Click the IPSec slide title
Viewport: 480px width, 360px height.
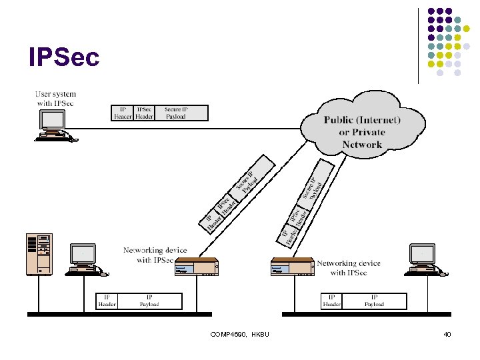tap(64, 57)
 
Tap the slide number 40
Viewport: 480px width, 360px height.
tap(447, 334)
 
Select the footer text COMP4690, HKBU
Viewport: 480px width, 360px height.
tap(239, 334)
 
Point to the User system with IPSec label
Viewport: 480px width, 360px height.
tap(55, 99)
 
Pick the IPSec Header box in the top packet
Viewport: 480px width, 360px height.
tap(144, 113)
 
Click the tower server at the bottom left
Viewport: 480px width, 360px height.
tap(39, 255)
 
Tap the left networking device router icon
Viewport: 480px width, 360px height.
tap(196, 267)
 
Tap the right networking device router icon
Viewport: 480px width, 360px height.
tap(291, 267)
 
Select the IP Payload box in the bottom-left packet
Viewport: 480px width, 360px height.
tap(149, 301)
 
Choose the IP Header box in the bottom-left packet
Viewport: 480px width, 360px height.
tap(107, 301)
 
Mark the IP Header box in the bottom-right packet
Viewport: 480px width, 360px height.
tap(331, 301)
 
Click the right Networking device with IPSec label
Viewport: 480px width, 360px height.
tap(348, 268)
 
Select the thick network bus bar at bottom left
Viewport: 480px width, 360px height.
tap(119, 313)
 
